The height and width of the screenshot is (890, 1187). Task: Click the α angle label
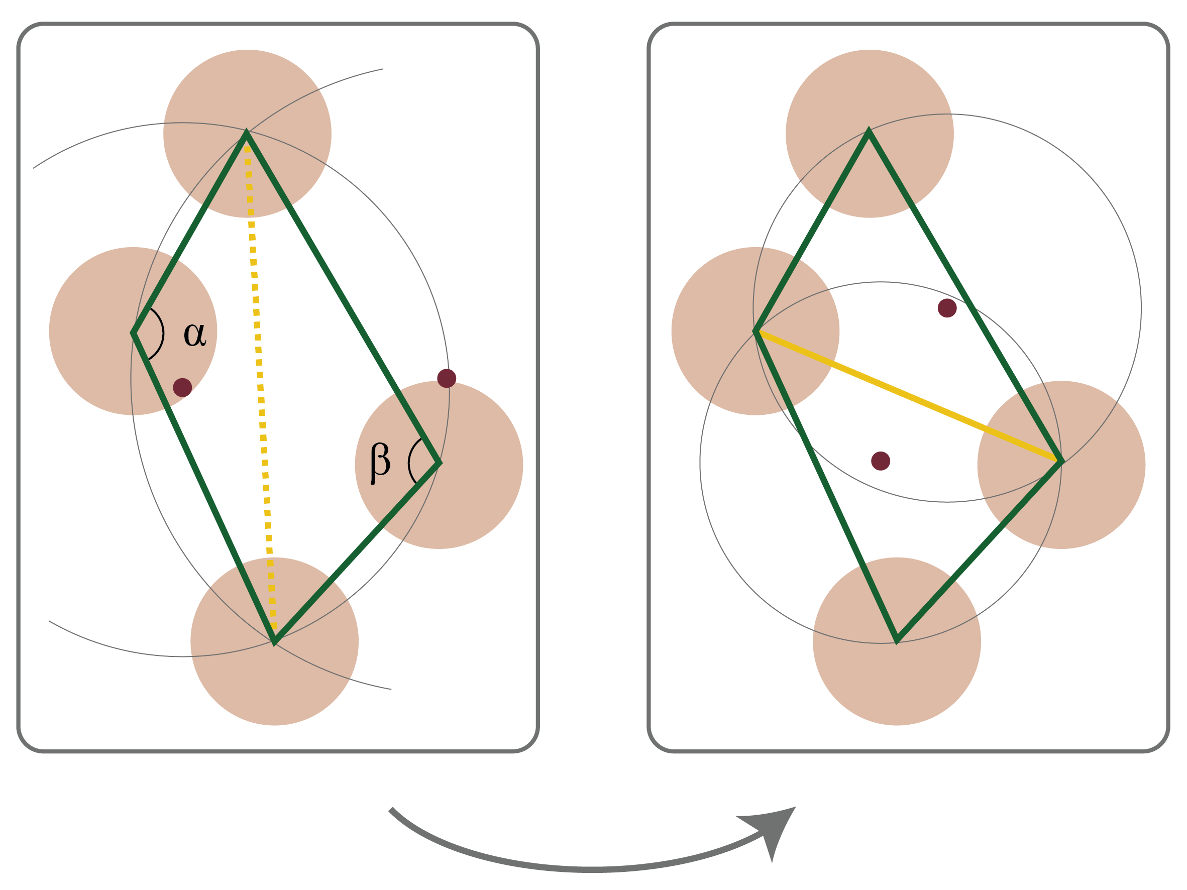click(x=194, y=335)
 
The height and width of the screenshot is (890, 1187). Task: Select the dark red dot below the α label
click(x=182, y=387)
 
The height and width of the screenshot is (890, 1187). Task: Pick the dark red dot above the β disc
click(x=447, y=378)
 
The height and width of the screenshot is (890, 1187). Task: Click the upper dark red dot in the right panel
click(x=947, y=308)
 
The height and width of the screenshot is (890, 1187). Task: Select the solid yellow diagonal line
click(x=907, y=395)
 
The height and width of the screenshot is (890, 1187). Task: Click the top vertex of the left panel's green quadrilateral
click(x=246, y=133)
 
